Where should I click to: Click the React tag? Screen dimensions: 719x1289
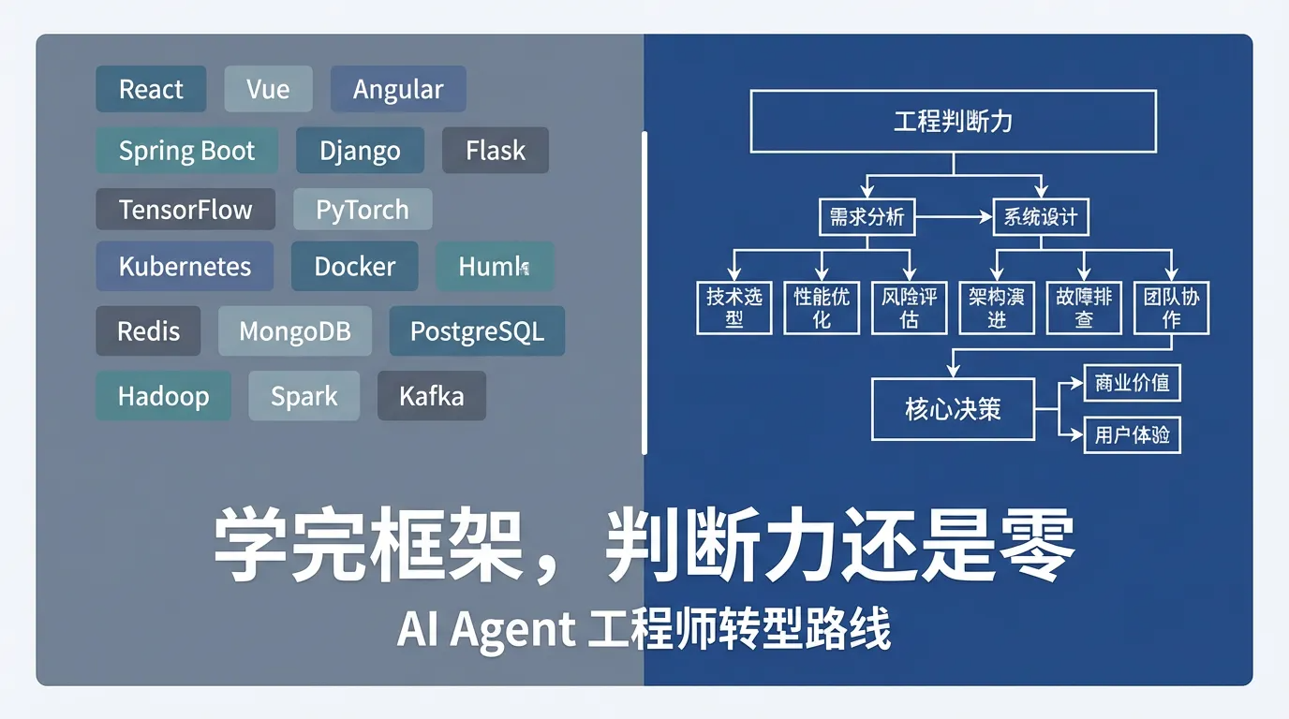click(x=151, y=89)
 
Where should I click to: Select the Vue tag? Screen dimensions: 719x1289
click(x=268, y=89)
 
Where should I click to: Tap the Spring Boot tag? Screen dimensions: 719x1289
click(x=186, y=151)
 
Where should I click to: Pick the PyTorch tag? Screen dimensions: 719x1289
click(x=363, y=209)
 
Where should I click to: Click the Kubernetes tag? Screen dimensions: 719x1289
click(x=185, y=266)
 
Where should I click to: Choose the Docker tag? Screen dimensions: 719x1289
click(x=354, y=266)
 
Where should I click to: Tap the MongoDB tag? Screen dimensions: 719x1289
click(x=295, y=331)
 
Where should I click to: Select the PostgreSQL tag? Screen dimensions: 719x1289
click(x=477, y=331)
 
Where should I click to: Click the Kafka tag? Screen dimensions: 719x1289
click(x=431, y=396)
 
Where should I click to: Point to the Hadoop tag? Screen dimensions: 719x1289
click(x=163, y=396)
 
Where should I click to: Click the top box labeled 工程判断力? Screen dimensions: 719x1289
click(x=953, y=121)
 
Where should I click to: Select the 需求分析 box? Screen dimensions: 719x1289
click(x=867, y=217)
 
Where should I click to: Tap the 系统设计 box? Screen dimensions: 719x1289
click(x=1040, y=217)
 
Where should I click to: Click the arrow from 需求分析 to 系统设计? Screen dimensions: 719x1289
click(x=954, y=217)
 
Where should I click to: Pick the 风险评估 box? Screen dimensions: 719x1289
click(x=909, y=308)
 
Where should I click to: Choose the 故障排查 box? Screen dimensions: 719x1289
click(x=1084, y=308)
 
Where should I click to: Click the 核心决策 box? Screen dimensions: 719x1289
click(x=953, y=409)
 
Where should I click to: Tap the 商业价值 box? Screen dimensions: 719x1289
click(x=1132, y=383)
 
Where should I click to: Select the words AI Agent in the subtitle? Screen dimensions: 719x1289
click(x=485, y=629)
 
